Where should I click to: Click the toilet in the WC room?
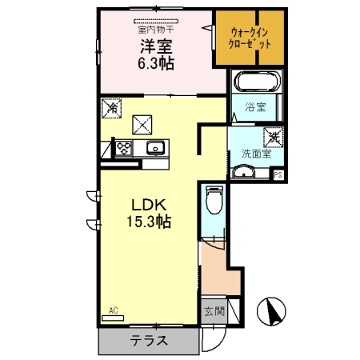(214, 200)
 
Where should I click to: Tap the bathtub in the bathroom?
(256, 81)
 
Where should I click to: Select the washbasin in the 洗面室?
(243, 172)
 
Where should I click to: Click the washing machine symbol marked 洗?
(274, 138)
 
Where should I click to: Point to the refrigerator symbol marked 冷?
(111, 108)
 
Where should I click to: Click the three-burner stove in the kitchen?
(124, 148)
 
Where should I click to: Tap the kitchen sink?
(155, 147)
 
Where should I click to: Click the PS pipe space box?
(278, 175)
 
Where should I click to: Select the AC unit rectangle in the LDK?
(113, 318)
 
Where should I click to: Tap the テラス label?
(149, 341)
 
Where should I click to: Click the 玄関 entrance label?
(214, 311)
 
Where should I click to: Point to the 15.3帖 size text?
(149, 222)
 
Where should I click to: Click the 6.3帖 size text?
(156, 63)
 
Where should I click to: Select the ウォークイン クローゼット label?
(250, 38)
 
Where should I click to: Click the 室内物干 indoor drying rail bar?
(156, 22)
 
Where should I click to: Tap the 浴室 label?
(255, 107)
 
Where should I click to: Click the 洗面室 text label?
(256, 154)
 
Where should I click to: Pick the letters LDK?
(149, 205)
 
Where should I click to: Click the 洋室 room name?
(156, 46)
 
